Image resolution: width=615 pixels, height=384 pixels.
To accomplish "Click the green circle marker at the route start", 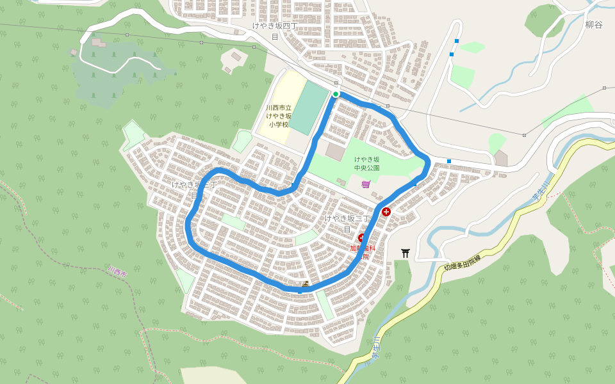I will click(x=336, y=94).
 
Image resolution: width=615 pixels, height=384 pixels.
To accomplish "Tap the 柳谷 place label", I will click(x=594, y=25).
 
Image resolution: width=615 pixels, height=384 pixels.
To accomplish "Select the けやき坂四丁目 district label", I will click(x=275, y=31).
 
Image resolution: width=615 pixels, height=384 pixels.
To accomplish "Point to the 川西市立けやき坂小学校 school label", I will click(x=279, y=116).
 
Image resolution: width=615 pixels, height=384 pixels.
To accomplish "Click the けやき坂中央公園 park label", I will click(x=367, y=163).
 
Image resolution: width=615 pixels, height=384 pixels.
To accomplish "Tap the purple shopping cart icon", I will click(x=366, y=184).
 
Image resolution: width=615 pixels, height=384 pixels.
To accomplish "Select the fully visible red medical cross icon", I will click(x=386, y=212).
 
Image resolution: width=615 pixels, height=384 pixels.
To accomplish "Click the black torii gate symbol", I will click(x=405, y=253).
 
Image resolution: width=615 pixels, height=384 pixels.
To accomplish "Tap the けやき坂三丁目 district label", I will click(x=347, y=223).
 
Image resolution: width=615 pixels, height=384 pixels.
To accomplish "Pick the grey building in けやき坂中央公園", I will click(x=335, y=152).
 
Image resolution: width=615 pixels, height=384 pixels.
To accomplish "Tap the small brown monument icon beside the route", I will click(x=306, y=284).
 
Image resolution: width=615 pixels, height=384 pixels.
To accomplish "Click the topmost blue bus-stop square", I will click(x=457, y=41).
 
